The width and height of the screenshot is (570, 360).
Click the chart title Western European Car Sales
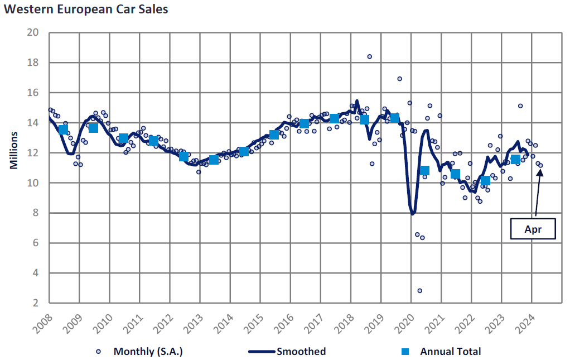85,9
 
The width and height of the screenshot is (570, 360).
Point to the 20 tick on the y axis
33,32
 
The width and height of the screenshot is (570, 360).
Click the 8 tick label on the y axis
35,213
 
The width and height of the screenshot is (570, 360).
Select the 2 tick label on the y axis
35,303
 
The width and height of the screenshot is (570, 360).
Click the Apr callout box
533,229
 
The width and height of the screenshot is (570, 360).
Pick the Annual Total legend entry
443,352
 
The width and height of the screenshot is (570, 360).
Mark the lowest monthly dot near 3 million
419,291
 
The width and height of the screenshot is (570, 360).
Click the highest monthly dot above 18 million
369,56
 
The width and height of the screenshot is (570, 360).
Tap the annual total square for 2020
424,170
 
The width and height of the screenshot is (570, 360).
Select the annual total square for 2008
63,129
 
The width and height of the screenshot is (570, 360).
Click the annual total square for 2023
515,160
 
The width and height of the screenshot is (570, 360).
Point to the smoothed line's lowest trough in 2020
413,214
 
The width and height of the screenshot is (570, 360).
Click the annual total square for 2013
214,160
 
